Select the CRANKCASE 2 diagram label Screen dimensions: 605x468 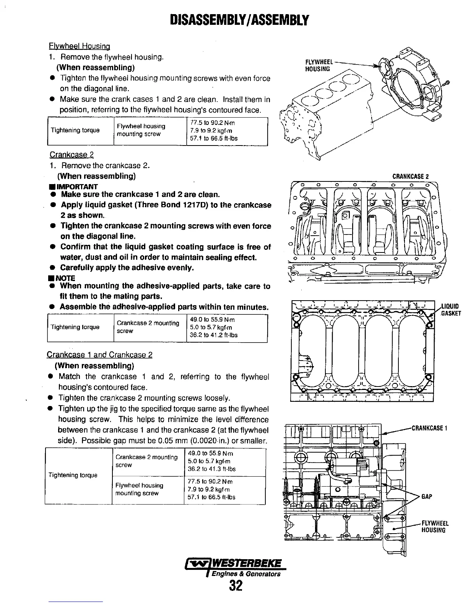(411, 176)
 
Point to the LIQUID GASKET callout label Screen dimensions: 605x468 (451, 310)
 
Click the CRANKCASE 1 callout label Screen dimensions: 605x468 (430, 428)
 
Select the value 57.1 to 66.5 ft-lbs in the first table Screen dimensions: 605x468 (214, 138)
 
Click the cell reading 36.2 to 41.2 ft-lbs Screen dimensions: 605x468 (213, 335)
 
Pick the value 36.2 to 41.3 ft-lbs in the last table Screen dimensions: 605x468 (211, 469)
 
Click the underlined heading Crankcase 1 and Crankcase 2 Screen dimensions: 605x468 (99, 355)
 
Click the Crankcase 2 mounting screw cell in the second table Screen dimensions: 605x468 (148, 327)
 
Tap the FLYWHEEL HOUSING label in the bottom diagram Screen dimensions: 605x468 (435, 527)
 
